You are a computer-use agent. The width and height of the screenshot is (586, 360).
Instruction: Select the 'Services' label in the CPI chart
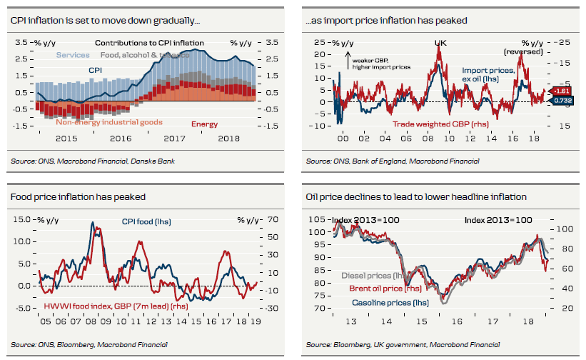pyautogui.click(x=73, y=55)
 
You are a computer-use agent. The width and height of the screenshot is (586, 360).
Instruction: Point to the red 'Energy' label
pyautogui.click(x=205, y=124)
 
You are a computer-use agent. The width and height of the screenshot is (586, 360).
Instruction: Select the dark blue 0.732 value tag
pyautogui.click(x=561, y=102)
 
